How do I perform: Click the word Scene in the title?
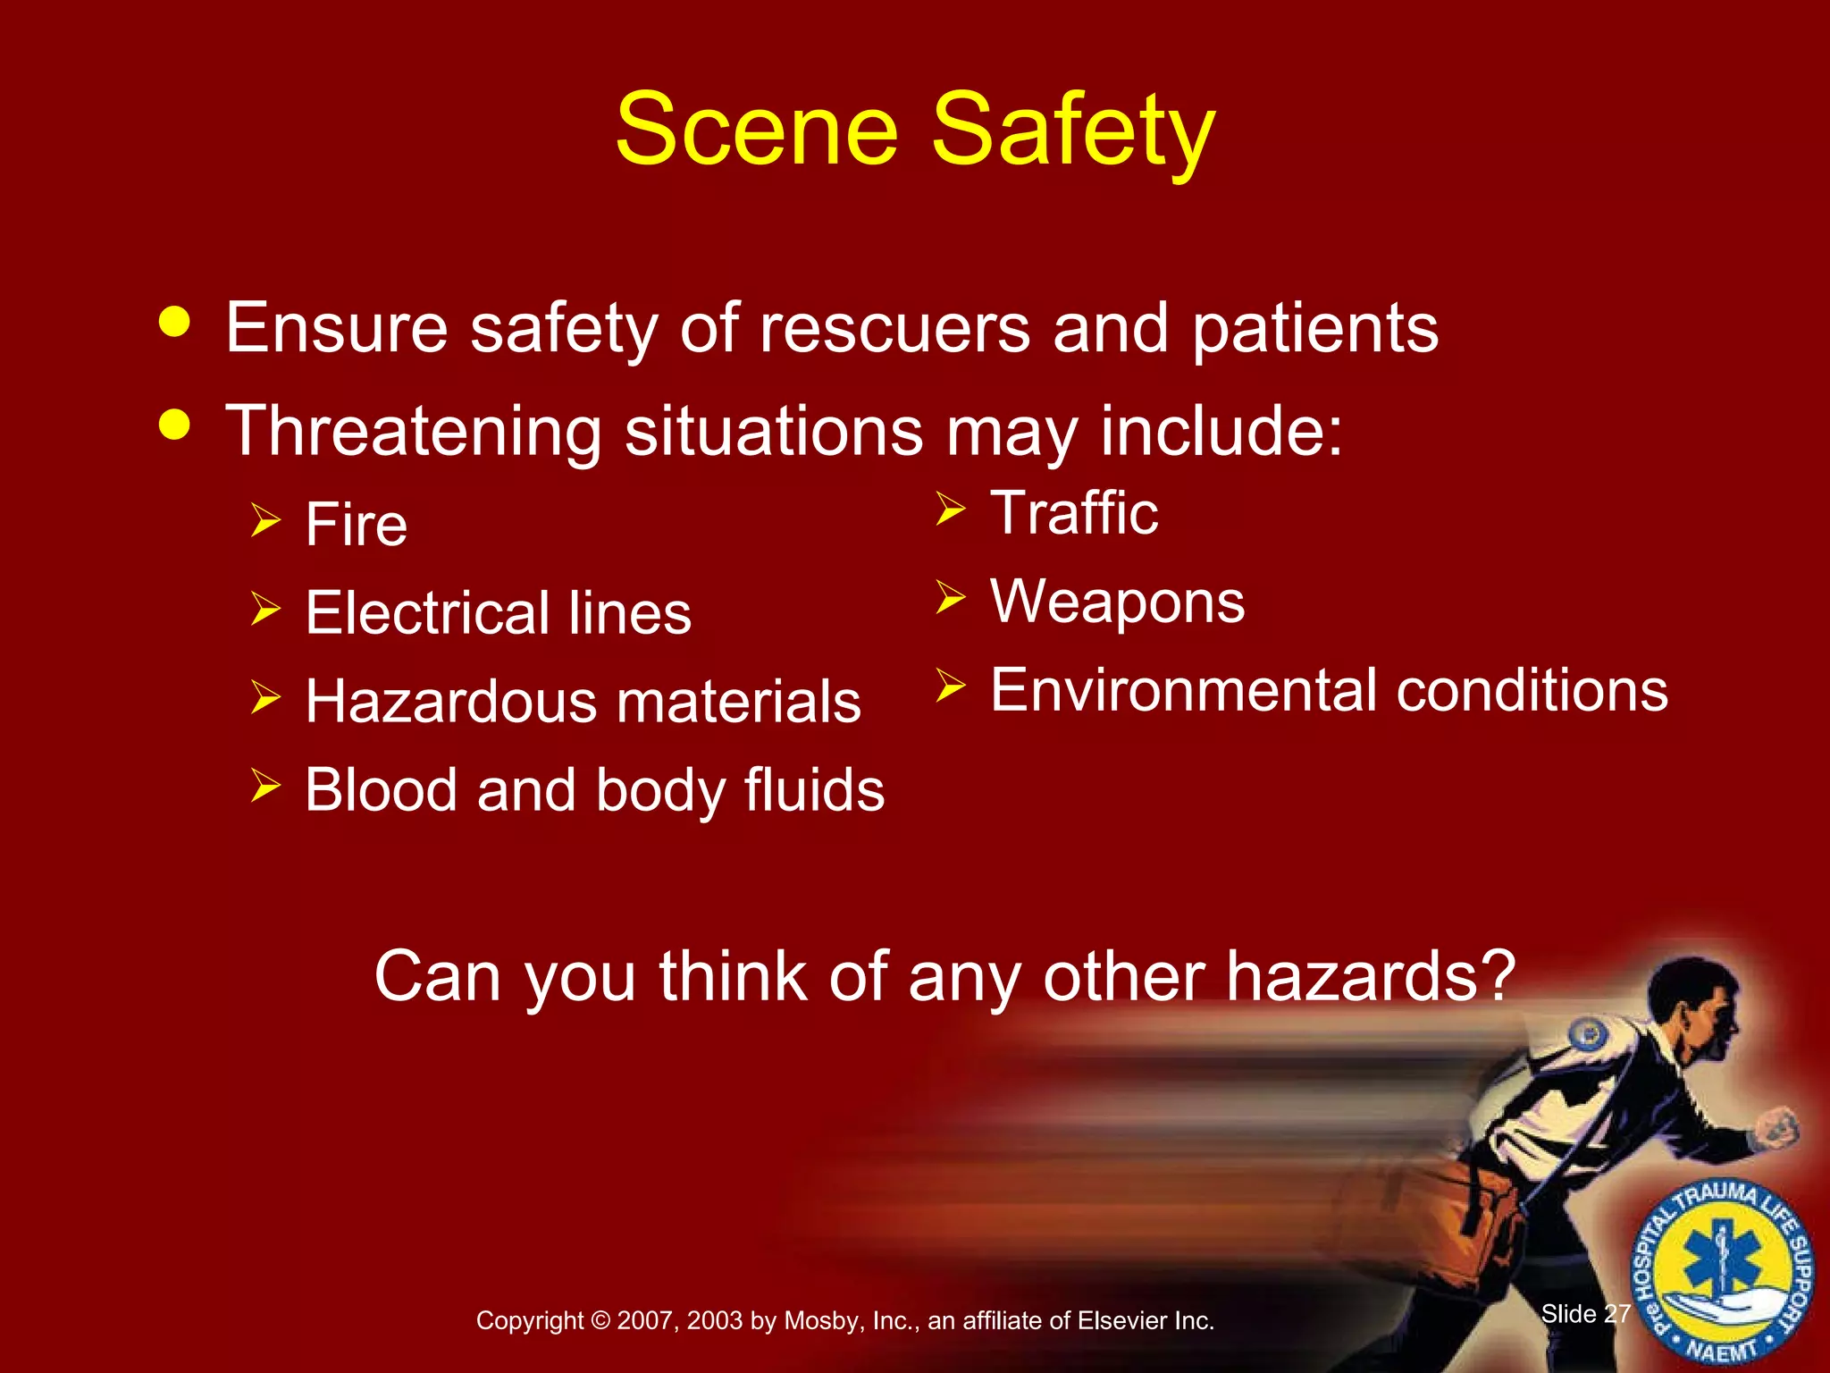[x=756, y=131]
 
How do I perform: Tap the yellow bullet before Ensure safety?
[x=174, y=323]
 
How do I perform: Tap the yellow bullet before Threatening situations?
[x=174, y=425]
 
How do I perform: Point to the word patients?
[x=1315, y=328]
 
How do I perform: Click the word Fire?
[x=356, y=524]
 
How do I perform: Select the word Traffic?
[x=1074, y=513]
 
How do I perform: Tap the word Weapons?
[x=1117, y=602]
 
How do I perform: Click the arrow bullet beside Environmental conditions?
[x=951, y=686]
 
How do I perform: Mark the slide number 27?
[x=1617, y=1314]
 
